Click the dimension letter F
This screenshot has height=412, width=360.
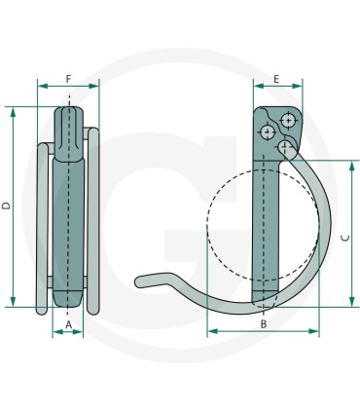pos(68,79)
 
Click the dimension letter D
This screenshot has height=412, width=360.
pos(7,206)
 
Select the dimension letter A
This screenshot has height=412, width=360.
pos(68,324)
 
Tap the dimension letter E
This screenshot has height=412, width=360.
pos(276,79)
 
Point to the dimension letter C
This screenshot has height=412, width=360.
pos(346,238)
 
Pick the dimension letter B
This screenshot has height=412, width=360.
pos(264,323)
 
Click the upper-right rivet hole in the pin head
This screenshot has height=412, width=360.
pos(288,121)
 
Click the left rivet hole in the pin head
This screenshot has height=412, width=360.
pos(268,131)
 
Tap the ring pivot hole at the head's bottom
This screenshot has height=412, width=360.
pos(285,147)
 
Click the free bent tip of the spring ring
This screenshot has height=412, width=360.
pos(140,281)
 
